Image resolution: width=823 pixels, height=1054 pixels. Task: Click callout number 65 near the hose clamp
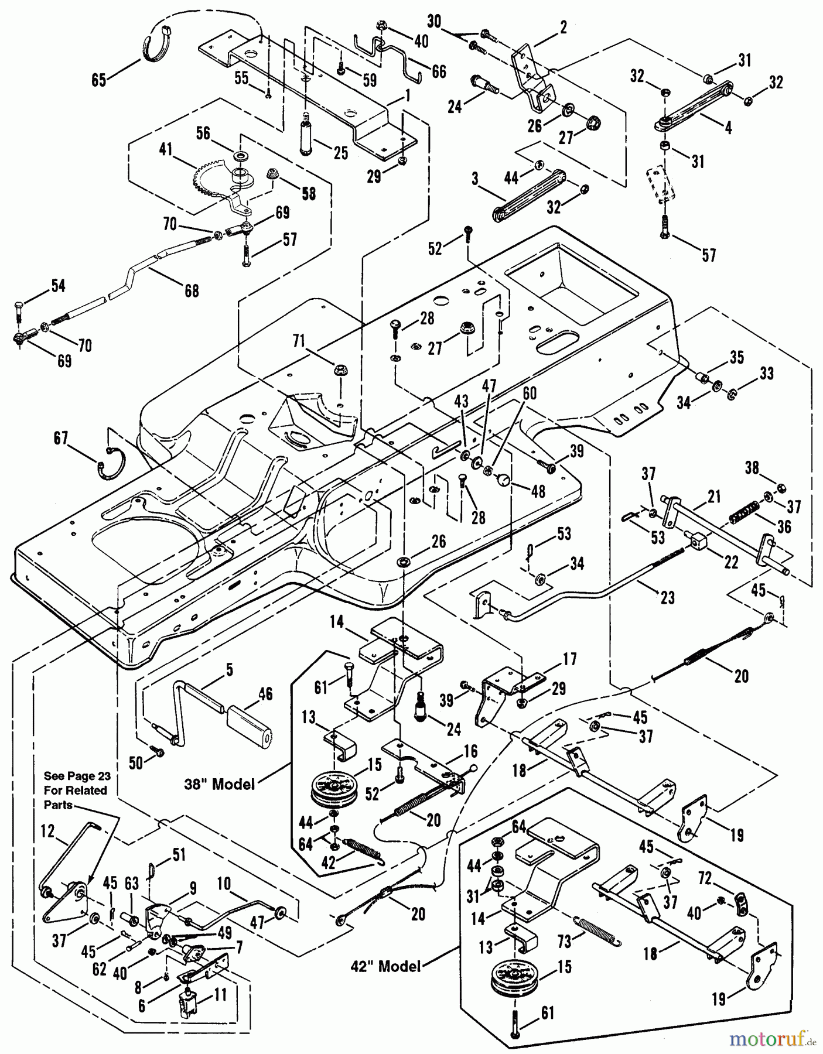pyautogui.click(x=98, y=80)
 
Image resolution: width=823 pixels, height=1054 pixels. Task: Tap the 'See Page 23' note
pyautogui.click(x=76, y=790)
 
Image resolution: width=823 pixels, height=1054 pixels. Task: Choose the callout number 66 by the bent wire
pyautogui.click(x=438, y=71)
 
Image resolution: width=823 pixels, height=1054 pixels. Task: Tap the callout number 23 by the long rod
pyautogui.click(x=668, y=597)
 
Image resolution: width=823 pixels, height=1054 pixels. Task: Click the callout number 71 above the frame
pyautogui.click(x=299, y=341)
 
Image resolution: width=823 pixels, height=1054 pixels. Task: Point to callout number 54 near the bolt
pyautogui.click(x=58, y=286)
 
